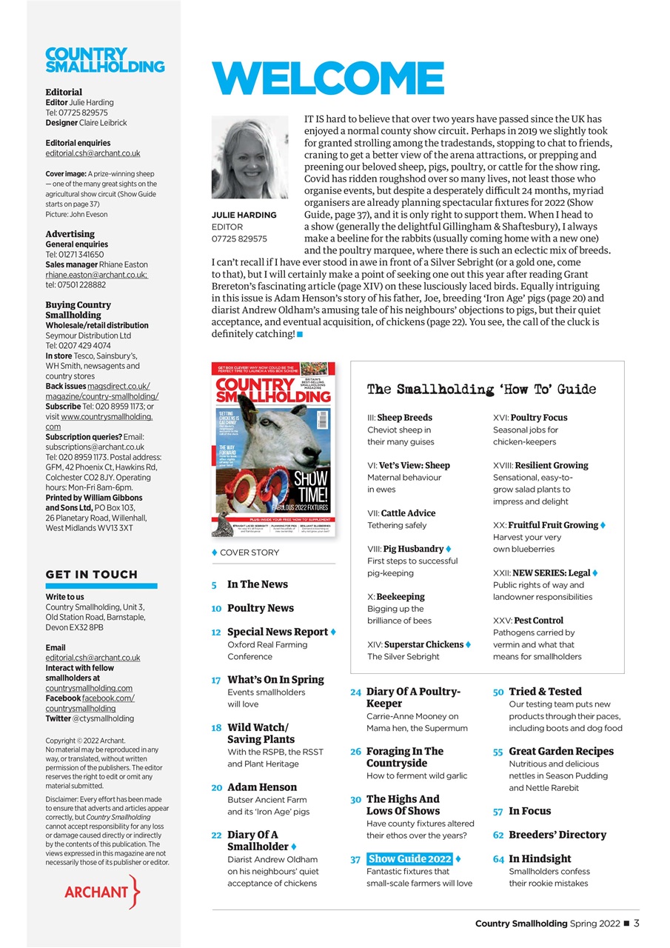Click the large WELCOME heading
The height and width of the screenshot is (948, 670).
328,79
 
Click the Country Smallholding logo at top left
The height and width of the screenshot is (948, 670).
105,61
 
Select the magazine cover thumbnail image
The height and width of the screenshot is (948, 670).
273,450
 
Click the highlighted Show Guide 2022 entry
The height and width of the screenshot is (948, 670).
409,858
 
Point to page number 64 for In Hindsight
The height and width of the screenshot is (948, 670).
498,858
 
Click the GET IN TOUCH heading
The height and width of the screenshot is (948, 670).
92,574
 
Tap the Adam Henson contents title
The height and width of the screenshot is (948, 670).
262,787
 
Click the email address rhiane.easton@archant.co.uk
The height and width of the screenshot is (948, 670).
96,275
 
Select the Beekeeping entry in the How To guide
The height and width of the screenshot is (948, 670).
398,596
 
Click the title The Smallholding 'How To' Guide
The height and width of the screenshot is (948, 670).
481,390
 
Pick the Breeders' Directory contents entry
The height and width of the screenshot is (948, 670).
557,835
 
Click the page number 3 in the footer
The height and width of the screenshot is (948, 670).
637,924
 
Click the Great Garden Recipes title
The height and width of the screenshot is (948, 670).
561,751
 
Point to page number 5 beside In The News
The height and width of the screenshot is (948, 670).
214,585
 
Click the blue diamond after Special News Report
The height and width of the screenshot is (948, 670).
333,632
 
